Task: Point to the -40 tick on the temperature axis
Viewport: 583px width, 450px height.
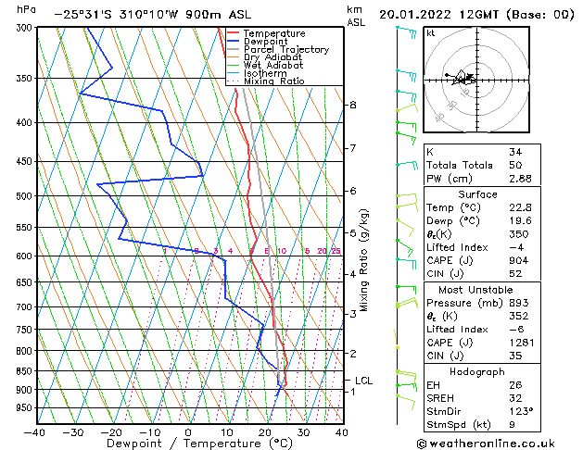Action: [36, 431]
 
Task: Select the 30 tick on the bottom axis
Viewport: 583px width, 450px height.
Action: [303, 431]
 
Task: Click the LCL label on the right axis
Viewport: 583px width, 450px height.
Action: [363, 380]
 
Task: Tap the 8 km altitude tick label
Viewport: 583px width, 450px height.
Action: [352, 105]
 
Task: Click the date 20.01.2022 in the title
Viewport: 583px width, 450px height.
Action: [422, 15]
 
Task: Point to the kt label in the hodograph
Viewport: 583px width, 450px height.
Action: [430, 33]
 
